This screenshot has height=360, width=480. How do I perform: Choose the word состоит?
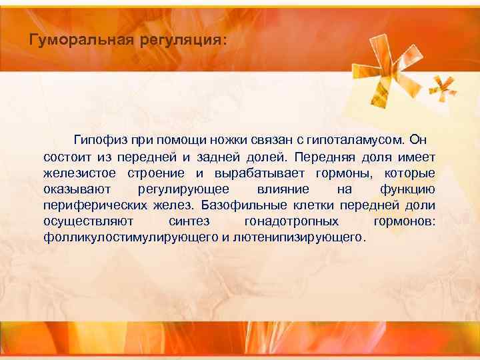[x=65, y=157]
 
